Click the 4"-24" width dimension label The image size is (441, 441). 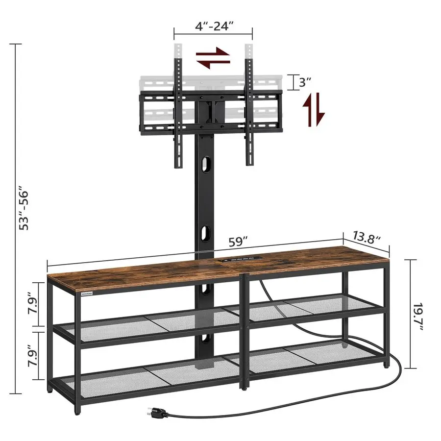point(213,25)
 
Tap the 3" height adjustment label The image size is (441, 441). point(305,82)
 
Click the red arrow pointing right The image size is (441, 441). point(213,52)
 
